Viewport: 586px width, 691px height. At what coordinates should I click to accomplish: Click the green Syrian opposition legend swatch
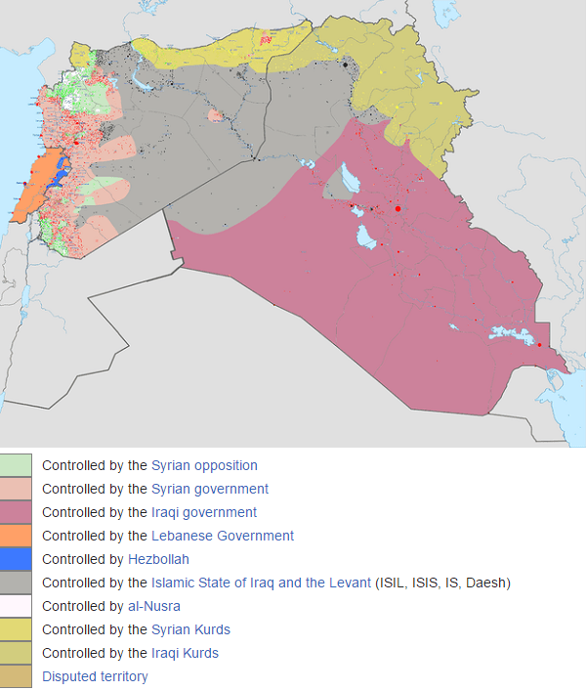(16, 465)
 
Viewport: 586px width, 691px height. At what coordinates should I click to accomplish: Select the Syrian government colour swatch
(16, 489)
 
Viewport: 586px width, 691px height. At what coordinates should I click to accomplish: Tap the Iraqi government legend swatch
(16, 512)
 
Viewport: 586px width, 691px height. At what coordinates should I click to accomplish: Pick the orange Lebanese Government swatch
(16, 536)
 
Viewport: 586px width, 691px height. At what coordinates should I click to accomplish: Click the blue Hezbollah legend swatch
(16, 559)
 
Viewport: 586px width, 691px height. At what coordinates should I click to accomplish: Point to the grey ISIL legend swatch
(16, 583)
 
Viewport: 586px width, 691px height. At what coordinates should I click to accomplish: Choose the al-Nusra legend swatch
(16, 606)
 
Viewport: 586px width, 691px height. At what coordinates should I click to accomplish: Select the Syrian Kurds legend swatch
(16, 629)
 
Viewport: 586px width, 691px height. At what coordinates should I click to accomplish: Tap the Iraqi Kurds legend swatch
(16, 653)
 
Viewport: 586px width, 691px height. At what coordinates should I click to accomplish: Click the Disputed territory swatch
(16, 676)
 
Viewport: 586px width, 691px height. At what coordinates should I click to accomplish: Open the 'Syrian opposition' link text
(204, 465)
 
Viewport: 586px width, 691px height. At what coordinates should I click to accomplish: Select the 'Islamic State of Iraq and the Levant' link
(261, 583)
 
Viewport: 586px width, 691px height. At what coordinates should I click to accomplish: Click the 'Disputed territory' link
(95, 676)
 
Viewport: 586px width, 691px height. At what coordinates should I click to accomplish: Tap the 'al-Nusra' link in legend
(153, 606)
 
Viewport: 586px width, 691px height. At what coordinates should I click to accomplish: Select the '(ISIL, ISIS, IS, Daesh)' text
(442, 583)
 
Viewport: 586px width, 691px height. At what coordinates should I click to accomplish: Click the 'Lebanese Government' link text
(223, 536)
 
